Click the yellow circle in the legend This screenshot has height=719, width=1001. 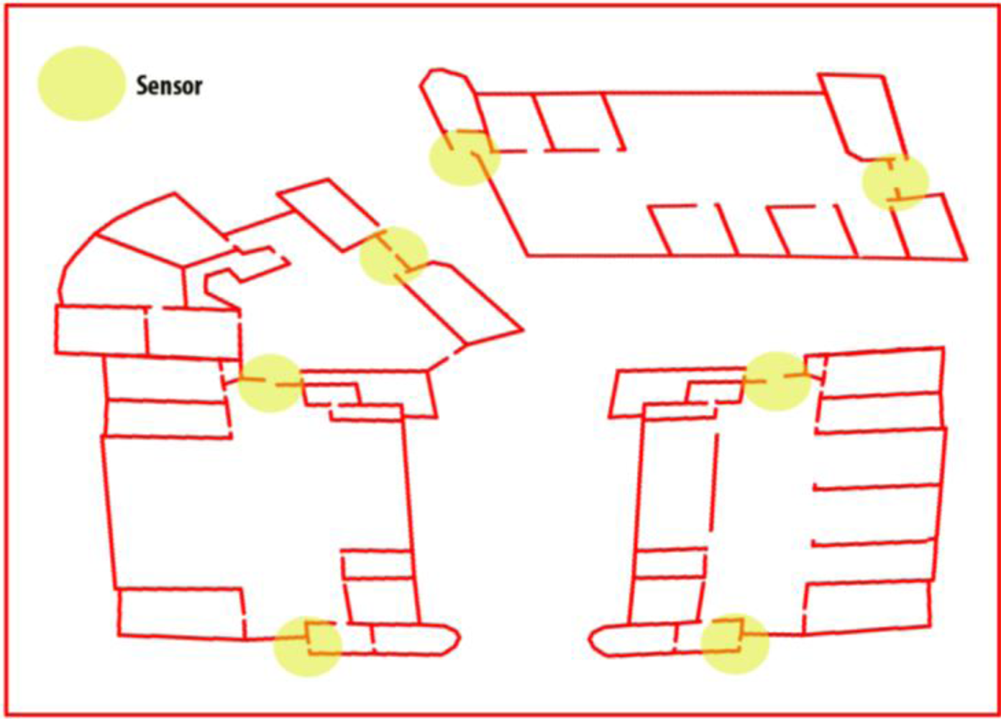81,83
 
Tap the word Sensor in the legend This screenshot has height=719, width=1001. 169,86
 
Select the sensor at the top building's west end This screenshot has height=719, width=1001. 465,157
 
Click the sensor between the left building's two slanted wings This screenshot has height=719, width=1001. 393,255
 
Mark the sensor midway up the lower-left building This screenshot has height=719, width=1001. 270,383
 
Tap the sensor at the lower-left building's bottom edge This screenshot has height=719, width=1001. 308,646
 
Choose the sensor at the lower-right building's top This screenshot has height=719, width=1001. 777,381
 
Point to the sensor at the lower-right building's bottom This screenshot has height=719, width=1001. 734,644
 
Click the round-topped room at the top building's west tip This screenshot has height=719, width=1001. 448,101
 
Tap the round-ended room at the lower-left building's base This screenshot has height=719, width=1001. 413,640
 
